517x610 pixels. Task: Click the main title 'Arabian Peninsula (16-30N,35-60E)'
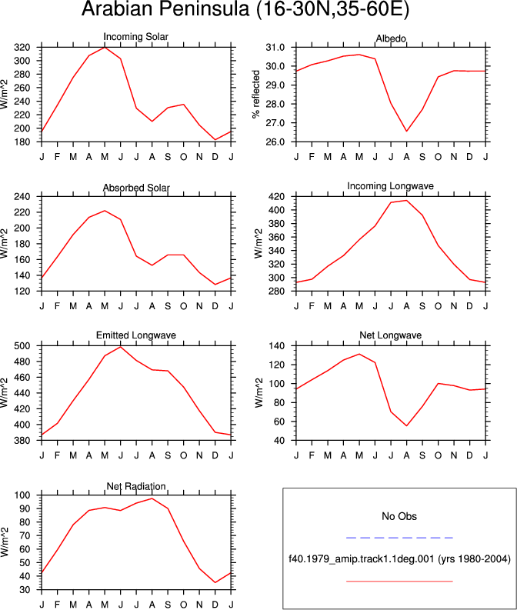(x=245, y=8)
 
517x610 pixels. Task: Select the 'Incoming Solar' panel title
(x=135, y=37)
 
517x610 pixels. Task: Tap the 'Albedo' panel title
(x=391, y=38)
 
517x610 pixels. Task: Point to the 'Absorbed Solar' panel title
(x=136, y=188)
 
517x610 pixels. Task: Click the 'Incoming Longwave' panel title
(x=391, y=186)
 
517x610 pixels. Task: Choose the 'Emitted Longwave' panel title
(x=136, y=335)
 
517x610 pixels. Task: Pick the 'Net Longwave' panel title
(x=391, y=335)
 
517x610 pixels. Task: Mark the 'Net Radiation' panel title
(x=136, y=486)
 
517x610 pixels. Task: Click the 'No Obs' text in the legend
(x=399, y=516)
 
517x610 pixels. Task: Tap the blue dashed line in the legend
(x=399, y=538)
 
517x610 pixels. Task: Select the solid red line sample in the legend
(x=399, y=582)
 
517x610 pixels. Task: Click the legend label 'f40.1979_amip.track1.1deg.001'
(x=361, y=559)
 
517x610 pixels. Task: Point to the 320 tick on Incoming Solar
(x=22, y=48)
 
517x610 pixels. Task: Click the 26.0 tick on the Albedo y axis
(x=275, y=142)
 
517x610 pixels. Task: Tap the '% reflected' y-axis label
(x=255, y=94)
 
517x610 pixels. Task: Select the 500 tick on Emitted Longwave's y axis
(x=22, y=346)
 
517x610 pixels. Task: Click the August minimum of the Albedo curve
(x=406, y=131)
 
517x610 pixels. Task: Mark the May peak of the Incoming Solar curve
(x=105, y=48)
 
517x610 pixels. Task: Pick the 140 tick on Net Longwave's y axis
(x=277, y=346)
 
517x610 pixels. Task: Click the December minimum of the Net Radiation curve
(x=215, y=582)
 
